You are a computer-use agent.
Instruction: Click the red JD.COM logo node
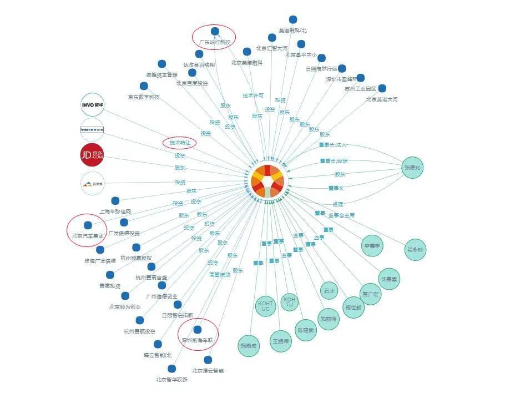click(92, 155)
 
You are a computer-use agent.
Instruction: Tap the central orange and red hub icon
click(267, 180)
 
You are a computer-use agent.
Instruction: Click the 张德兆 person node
click(413, 168)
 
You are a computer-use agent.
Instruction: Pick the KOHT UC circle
click(265, 305)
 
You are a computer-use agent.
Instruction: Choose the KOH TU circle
click(289, 302)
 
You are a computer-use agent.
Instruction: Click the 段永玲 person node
click(415, 249)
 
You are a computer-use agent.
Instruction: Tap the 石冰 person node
click(329, 291)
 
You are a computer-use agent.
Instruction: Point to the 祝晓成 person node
click(248, 345)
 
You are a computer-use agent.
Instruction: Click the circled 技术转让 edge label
click(180, 143)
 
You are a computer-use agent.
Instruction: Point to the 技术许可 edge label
click(253, 95)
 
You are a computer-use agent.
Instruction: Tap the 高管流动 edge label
click(219, 274)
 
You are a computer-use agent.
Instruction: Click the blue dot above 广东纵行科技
click(214, 31)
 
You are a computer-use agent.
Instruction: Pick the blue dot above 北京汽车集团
click(87, 225)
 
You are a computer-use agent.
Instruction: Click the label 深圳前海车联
click(198, 340)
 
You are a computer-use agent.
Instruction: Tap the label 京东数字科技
click(144, 97)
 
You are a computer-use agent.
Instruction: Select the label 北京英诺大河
click(382, 99)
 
